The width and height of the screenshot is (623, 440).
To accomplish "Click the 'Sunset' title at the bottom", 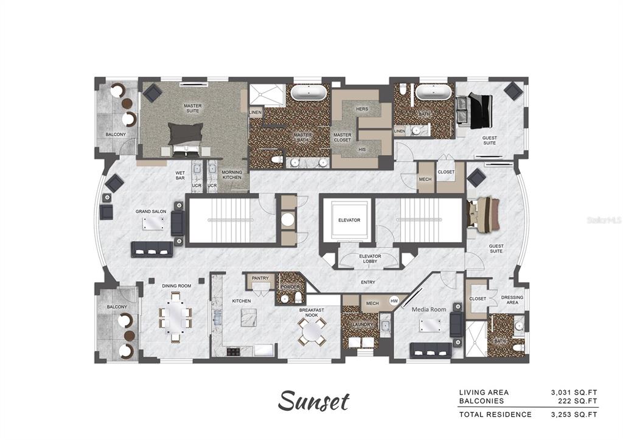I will [314, 401].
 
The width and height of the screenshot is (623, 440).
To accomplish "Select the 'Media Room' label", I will [430, 309].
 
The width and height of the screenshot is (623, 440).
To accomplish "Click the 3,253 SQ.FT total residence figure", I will [574, 414].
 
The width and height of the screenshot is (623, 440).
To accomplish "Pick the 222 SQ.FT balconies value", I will [579, 400].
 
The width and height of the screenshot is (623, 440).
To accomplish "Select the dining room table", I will [176, 317].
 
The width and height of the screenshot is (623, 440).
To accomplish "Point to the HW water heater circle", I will [394, 301].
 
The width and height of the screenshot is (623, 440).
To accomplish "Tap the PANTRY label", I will [260, 278].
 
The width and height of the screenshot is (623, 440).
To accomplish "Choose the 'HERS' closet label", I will [362, 109].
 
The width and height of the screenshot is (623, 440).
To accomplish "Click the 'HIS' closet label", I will [362, 149].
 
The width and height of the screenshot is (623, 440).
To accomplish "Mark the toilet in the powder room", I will [298, 297].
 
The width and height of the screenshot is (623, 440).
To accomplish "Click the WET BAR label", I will [180, 175].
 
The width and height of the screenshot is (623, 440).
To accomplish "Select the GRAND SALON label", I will [151, 211].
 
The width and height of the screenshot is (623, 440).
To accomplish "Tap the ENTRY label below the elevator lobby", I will [367, 282].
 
